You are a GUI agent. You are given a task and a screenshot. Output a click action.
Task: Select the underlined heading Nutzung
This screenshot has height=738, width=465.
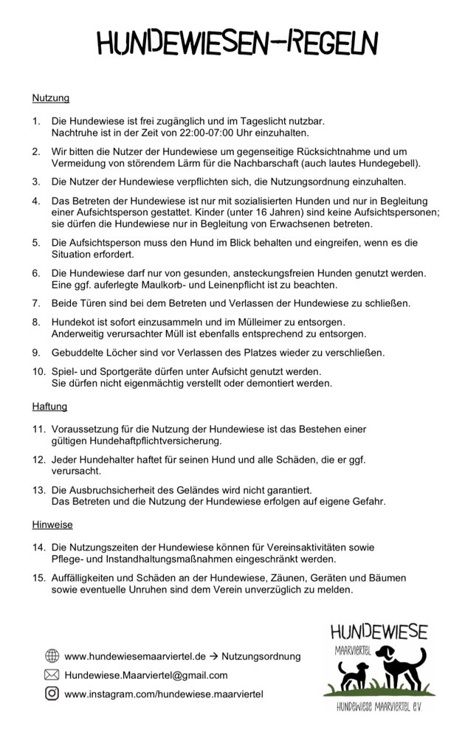(x=51, y=97)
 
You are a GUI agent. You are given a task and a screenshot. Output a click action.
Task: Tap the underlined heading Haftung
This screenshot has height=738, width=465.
(x=49, y=406)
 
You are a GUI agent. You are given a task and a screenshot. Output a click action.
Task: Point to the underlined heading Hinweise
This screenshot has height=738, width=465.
(x=52, y=525)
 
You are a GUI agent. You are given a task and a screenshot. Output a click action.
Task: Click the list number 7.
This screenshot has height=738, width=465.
(x=35, y=303)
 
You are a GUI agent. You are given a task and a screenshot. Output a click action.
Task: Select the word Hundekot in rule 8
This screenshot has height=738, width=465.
(x=75, y=322)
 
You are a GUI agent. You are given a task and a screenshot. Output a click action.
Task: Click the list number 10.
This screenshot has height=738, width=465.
(x=38, y=371)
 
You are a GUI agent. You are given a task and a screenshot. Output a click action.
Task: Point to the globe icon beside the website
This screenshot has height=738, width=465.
(x=52, y=655)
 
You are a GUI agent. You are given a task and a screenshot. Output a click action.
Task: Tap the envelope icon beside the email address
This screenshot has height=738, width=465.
(x=52, y=675)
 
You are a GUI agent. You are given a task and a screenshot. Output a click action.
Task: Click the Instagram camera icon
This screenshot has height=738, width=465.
(x=52, y=693)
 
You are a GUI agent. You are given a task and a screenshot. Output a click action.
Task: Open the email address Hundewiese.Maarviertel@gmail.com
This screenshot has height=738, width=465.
(x=146, y=675)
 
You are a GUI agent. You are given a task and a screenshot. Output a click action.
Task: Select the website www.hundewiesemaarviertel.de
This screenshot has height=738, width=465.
(x=135, y=656)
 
